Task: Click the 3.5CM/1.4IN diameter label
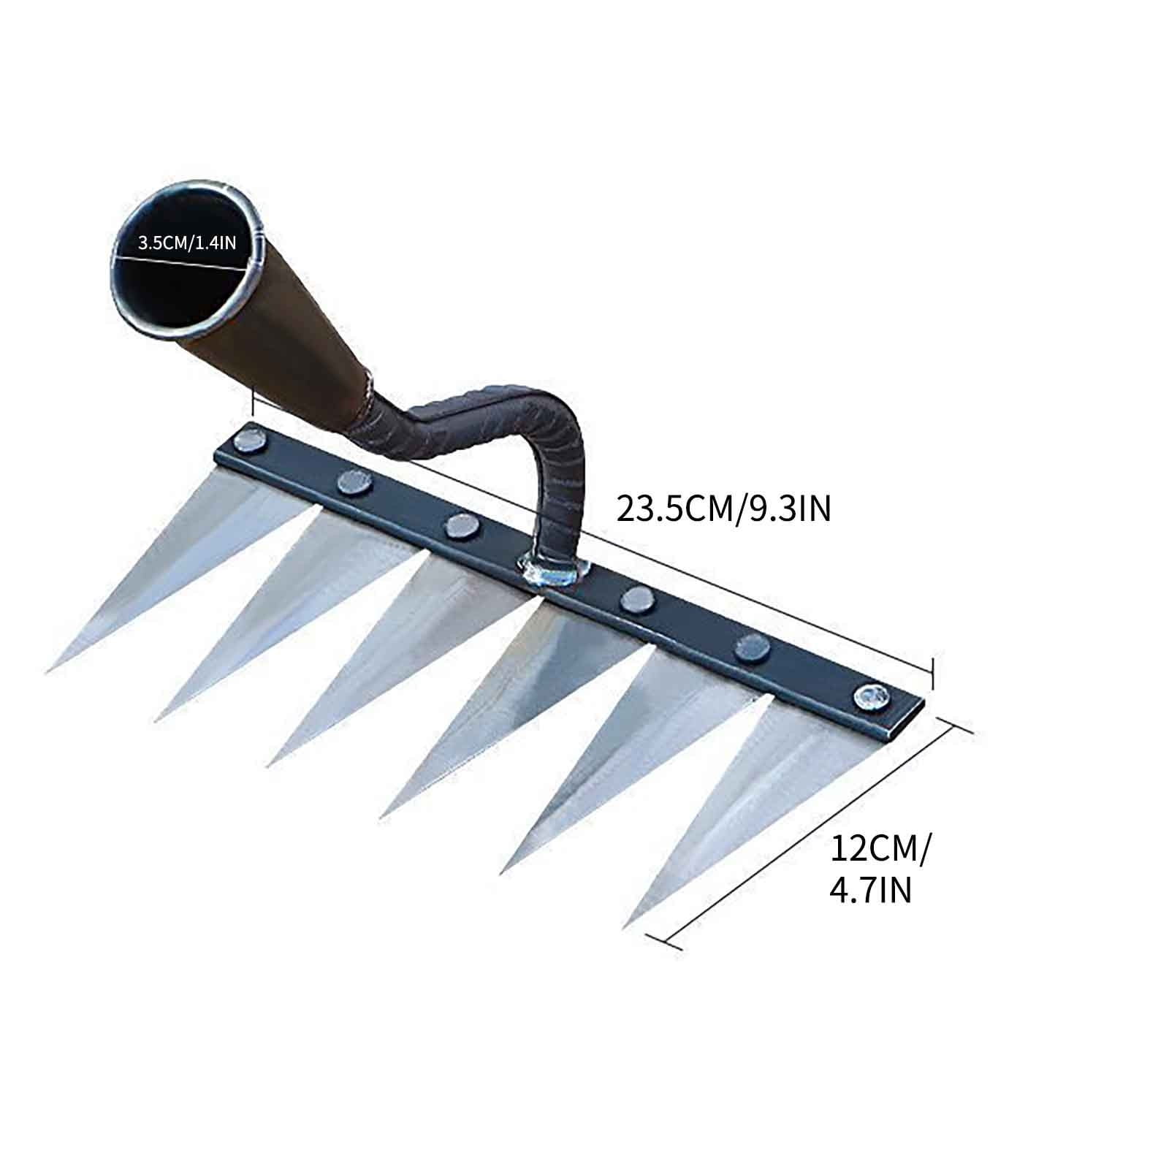tap(187, 243)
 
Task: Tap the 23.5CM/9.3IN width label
tap(724, 509)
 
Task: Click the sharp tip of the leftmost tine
tap(47, 671)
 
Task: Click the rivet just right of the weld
tap(636, 599)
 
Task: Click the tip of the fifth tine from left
tap(503, 871)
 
